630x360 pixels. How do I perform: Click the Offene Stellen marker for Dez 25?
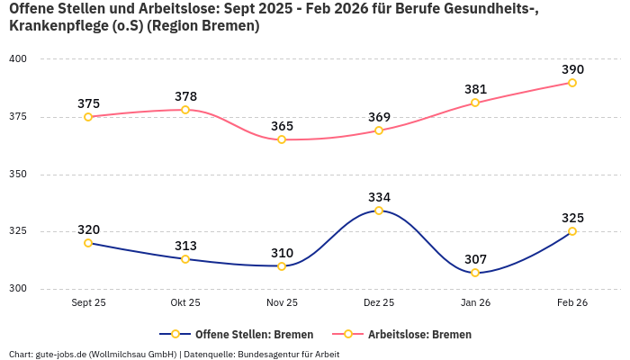click(x=379, y=211)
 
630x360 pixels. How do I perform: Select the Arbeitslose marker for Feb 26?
click(x=572, y=83)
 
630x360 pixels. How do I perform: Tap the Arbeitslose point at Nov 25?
click(x=282, y=139)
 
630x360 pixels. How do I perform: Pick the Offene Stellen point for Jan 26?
click(x=475, y=273)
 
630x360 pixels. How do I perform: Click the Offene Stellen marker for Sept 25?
click(x=88, y=243)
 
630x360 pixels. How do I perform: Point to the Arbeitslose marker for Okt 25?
click(x=185, y=110)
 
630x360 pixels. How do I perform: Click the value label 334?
click(x=379, y=197)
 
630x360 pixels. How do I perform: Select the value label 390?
click(x=572, y=69)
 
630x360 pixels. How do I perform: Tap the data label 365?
click(x=282, y=126)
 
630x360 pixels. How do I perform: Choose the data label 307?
click(x=475, y=259)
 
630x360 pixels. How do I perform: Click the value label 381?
click(x=475, y=89)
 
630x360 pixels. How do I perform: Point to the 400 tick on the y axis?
click(x=19, y=59)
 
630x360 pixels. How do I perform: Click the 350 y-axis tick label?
click(x=19, y=175)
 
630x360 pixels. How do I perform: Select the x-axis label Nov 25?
click(x=282, y=303)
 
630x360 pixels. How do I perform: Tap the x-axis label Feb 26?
click(x=572, y=303)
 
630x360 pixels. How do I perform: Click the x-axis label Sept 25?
click(x=88, y=303)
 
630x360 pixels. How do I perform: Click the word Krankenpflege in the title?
click(x=54, y=26)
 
